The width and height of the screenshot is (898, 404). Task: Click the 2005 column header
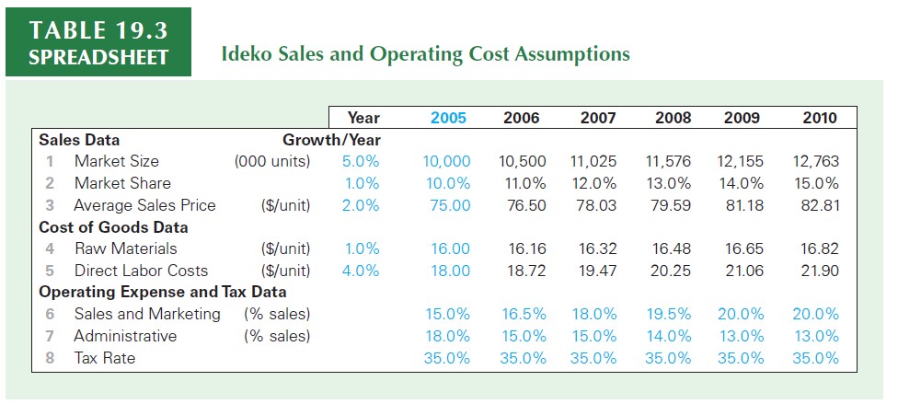(x=448, y=118)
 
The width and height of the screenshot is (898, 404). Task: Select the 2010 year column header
(x=819, y=118)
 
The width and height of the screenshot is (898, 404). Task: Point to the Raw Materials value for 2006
(x=527, y=248)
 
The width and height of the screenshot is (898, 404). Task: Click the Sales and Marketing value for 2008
(x=668, y=314)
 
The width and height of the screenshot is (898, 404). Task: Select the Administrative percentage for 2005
(x=448, y=336)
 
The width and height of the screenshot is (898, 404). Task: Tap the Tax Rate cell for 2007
(x=593, y=358)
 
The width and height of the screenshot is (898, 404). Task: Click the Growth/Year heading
(x=331, y=140)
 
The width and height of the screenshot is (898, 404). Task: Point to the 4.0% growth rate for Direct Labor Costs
(x=362, y=271)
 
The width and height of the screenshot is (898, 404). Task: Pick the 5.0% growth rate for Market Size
(x=361, y=161)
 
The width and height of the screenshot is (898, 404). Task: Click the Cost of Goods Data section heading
(x=113, y=227)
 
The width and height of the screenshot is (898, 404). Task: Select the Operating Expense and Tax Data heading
(x=163, y=293)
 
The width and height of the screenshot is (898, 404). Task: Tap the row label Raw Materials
(x=126, y=248)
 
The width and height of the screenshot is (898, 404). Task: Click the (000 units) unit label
(x=273, y=161)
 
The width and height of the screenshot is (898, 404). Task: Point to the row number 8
(x=50, y=358)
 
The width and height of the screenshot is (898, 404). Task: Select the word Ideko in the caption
(x=244, y=53)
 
